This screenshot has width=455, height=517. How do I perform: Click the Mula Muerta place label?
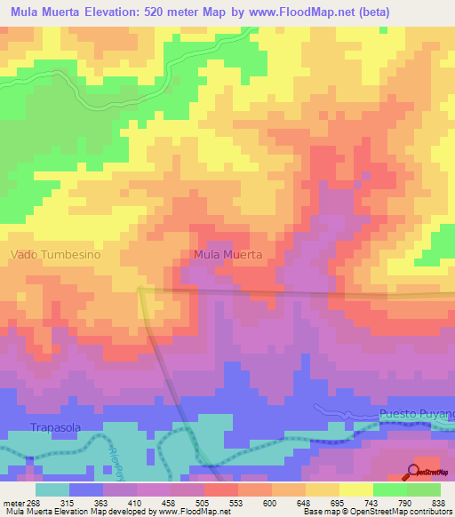[x=227, y=254]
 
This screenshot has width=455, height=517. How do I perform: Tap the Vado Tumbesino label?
[x=55, y=254]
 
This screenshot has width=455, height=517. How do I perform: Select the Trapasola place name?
[x=56, y=427]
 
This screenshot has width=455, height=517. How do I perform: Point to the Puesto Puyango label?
[x=416, y=414]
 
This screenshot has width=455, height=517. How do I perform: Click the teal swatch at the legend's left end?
[x=52, y=489]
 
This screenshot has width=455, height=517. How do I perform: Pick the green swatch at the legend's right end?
[x=423, y=489]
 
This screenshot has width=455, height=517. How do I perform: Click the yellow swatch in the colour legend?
[x=355, y=489]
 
